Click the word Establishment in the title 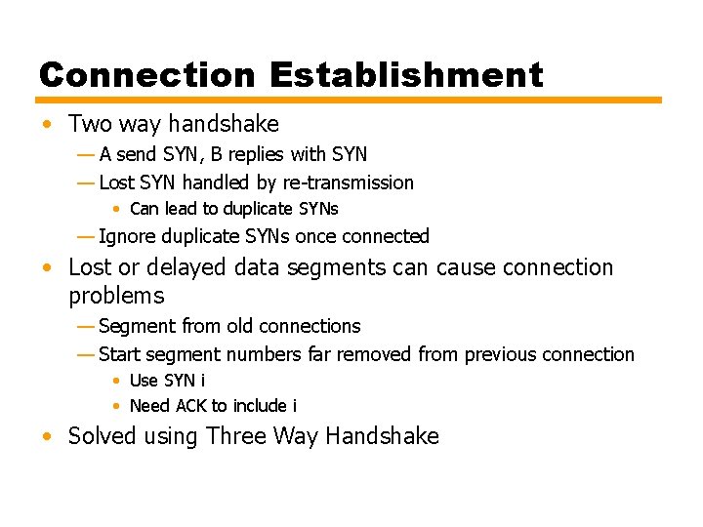406,74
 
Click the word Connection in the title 147,74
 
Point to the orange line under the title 349,100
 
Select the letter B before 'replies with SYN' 217,154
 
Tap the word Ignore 128,236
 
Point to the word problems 116,296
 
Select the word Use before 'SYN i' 144,381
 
